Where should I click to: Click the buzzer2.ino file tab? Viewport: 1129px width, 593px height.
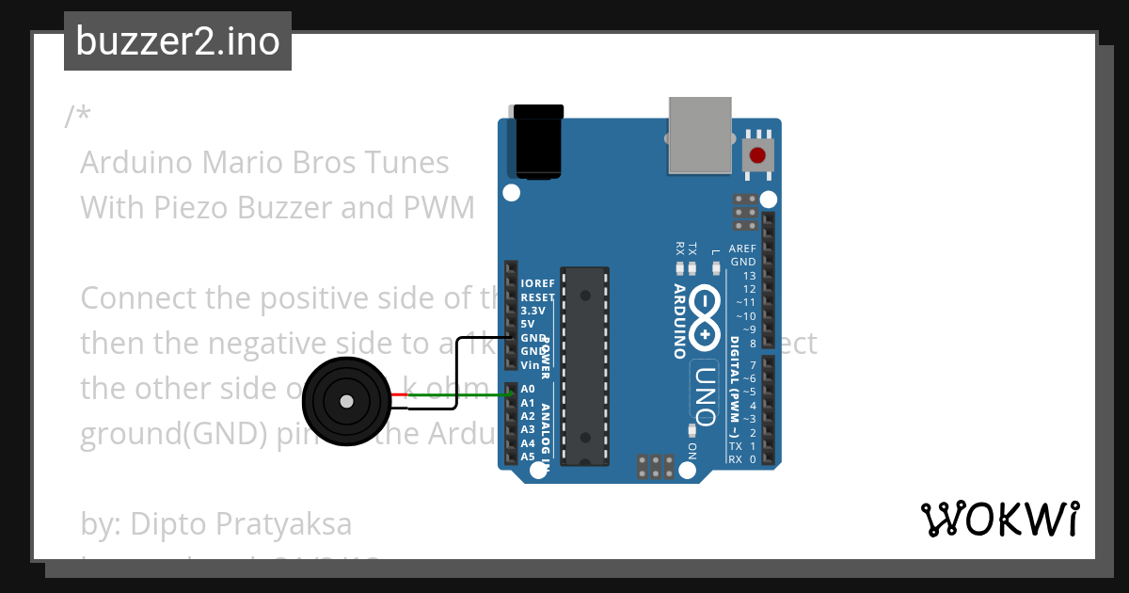click(x=178, y=41)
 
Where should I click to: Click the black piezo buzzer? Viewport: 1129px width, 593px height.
click(x=345, y=402)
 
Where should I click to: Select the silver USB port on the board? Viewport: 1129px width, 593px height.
click(x=699, y=136)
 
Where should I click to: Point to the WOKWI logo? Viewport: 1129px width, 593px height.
click(x=1000, y=519)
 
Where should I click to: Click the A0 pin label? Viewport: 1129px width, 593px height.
click(x=527, y=389)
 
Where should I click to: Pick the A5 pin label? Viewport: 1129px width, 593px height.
click(x=527, y=457)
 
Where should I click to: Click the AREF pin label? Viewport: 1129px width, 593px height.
click(x=742, y=248)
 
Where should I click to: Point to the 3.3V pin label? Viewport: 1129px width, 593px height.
click(x=533, y=310)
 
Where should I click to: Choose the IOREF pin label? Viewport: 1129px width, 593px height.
click(x=537, y=282)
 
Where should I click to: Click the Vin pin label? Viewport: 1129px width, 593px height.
click(x=529, y=364)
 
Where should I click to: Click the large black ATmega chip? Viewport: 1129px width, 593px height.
click(x=584, y=365)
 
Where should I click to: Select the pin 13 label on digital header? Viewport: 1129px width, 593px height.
click(x=749, y=276)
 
